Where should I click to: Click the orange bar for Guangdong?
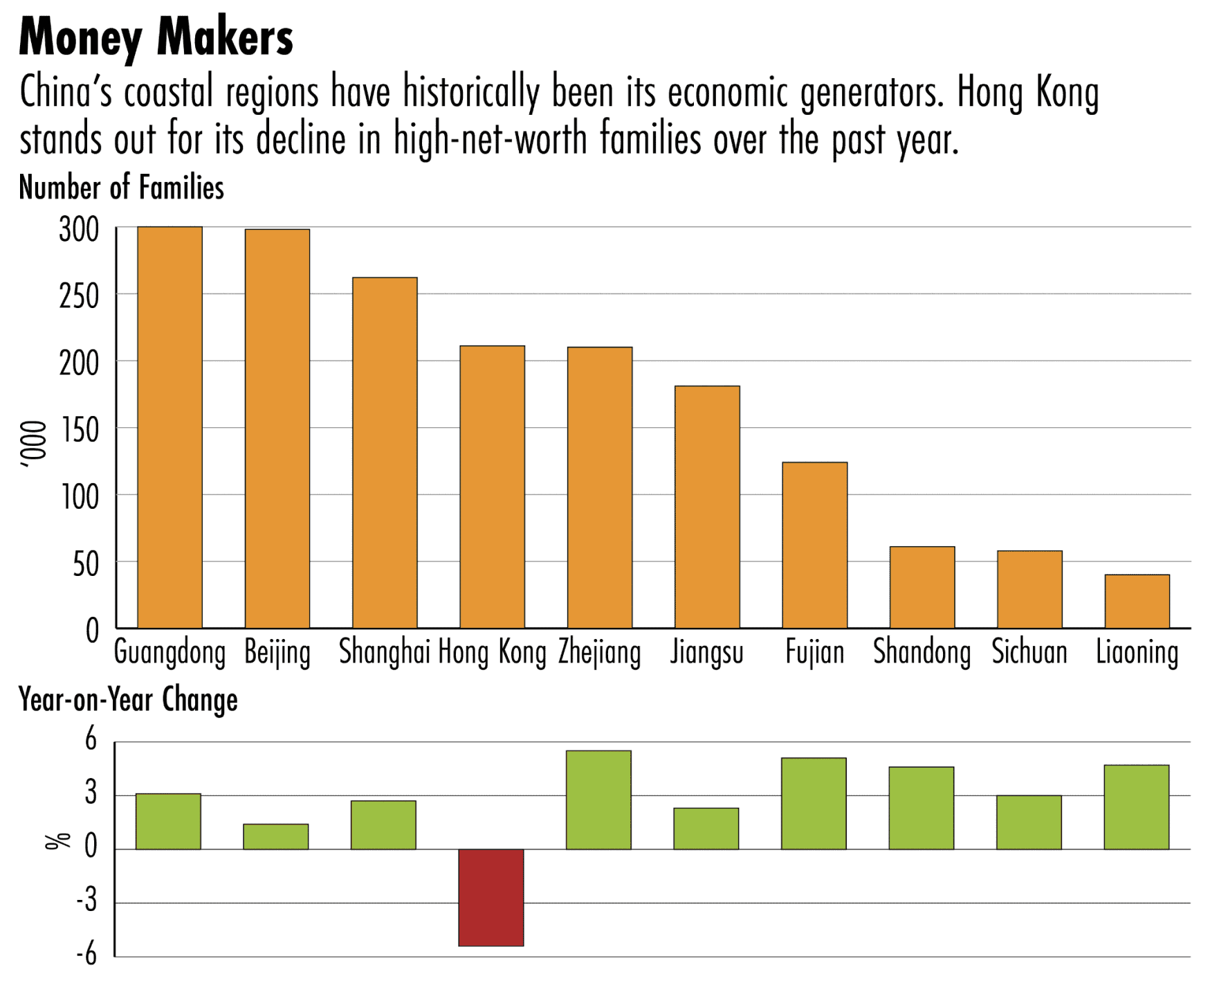point(169,427)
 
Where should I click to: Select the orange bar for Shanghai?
point(385,453)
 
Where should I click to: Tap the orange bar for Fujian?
point(814,545)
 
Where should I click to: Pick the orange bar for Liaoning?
point(1137,601)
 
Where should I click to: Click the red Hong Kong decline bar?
point(491,897)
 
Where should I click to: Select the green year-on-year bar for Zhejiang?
point(598,800)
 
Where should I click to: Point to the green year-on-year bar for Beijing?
point(275,836)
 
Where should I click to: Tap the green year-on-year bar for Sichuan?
point(1029,822)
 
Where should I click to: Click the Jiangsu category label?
point(706,653)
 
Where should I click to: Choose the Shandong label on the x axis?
point(922,653)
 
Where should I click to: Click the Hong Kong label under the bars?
point(492,653)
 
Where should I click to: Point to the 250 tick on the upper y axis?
point(79,296)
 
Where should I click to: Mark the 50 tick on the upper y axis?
point(86,564)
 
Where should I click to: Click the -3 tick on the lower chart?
point(86,901)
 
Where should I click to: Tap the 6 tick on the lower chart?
point(91,740)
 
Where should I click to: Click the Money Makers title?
point(156,37)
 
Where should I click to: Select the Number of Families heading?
point(121,188)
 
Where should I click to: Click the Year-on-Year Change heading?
point(128,699)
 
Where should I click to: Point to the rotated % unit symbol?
point(57,840)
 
